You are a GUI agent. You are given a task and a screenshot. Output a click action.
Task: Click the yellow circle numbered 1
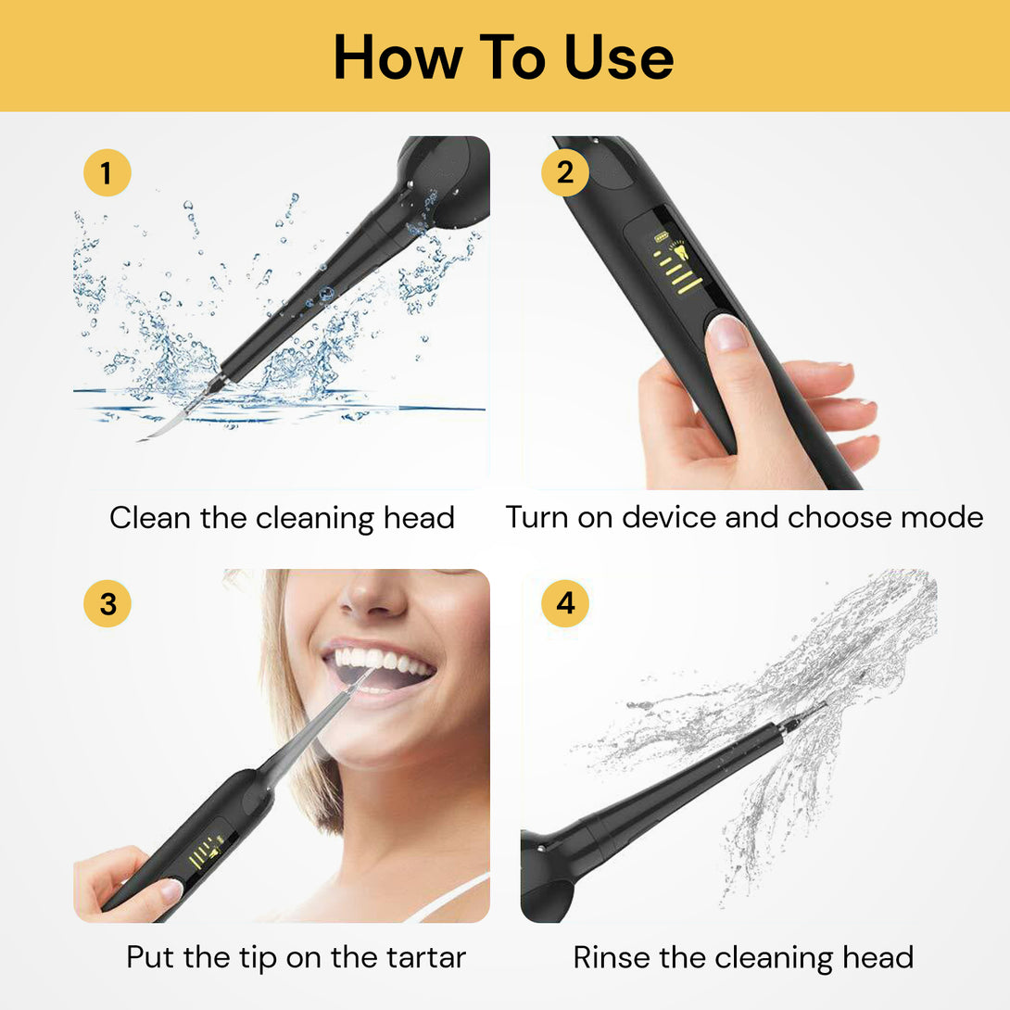tap(107, 173)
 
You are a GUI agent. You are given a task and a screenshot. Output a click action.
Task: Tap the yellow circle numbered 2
tap(564, 173)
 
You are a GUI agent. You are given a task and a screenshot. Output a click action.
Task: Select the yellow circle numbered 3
tap(107, 604)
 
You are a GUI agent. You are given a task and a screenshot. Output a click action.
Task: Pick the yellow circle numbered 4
tap(564, 604)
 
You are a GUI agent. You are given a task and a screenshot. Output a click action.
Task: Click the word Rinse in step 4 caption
tap(612, 957)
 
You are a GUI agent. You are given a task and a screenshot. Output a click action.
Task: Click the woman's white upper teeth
tap(380, 660)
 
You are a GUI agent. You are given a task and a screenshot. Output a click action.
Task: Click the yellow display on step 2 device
tap(675, 263)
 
